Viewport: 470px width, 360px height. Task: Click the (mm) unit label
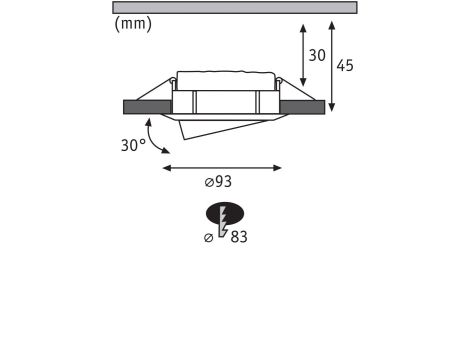pos(133,24)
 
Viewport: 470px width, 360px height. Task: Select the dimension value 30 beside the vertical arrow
pos(317,55)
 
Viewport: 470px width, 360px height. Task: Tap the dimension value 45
pos(345,65)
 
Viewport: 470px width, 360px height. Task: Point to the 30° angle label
pos(133,145)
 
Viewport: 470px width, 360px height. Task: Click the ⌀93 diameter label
pos(218,182)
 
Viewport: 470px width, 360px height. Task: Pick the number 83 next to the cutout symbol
pos(239,237)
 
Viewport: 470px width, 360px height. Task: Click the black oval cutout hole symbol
pos(225,213)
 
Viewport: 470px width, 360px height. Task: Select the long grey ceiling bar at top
pos(235,8)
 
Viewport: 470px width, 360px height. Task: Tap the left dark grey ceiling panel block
pos(147,107)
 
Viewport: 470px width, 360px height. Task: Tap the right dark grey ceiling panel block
pos(302,107)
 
